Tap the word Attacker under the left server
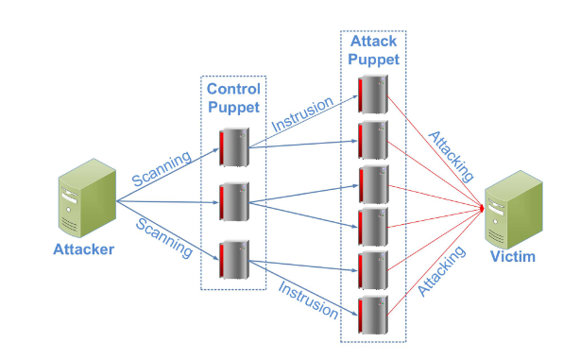(x=84, y=250)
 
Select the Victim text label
(x=514, y=258)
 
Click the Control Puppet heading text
(x=233, y=97)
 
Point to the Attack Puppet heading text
(x=374, y=50)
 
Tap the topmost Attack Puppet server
(x=372, y=94)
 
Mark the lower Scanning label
(x=164, y=238)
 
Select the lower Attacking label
(x=443, y=271)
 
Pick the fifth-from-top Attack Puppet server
(x=372, y=272)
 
